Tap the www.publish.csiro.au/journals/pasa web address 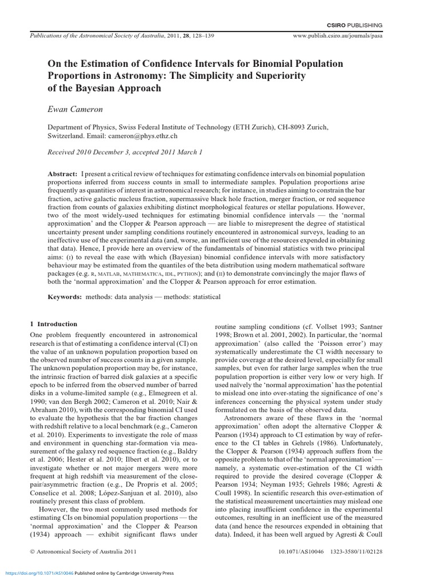pos(337,35)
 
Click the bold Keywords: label pos(65,297)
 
